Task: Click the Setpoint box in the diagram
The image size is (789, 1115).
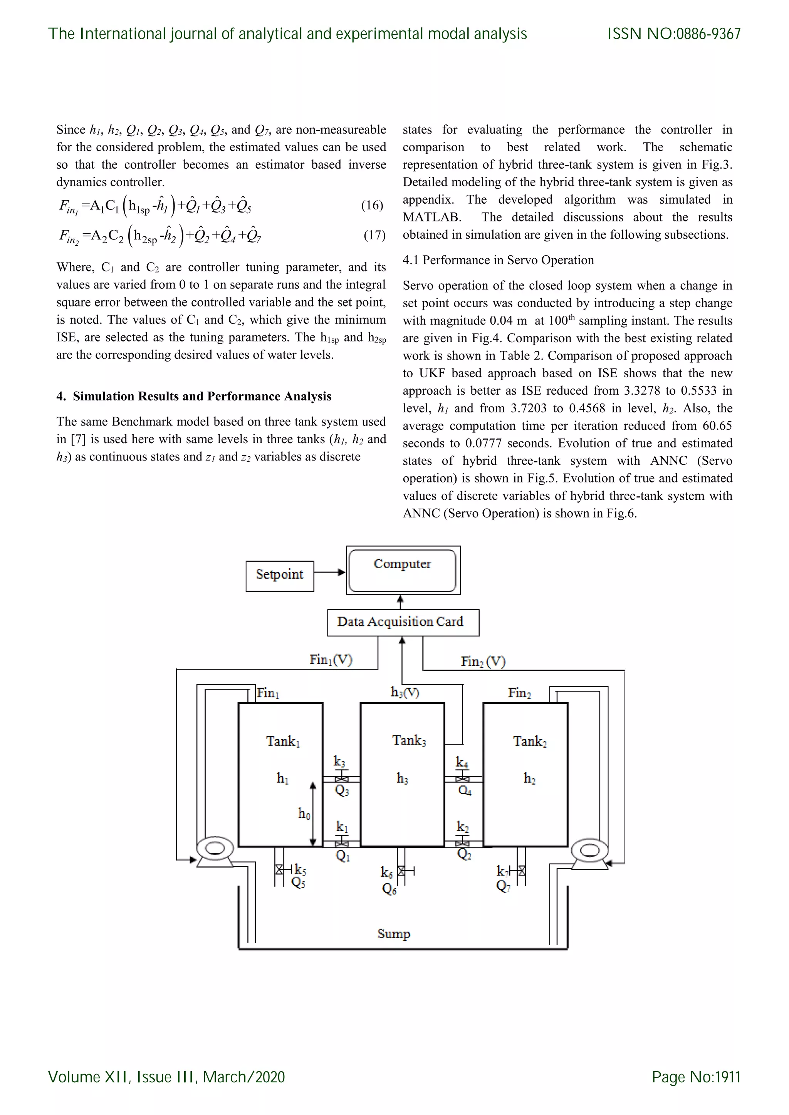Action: [279, 576]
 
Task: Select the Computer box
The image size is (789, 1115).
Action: [403, 570]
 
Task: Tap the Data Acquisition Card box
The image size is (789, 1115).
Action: [403, 622]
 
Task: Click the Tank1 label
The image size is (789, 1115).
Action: [283, 742]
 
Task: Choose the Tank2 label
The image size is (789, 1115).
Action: [530, 742]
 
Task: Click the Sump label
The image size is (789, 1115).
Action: [393, 933]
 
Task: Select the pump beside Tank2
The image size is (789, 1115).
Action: [590, 853]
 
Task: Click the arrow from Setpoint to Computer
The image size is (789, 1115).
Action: [329, 573]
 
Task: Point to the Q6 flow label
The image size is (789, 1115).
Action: [389, 889]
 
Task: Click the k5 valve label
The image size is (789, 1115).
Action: [300, 869]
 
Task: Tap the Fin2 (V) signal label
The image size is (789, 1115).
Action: [483, 661]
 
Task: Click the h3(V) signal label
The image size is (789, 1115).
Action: [405, 692]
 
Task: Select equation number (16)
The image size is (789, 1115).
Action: [372, 206]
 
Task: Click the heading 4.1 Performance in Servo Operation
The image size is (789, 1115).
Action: [498, 260]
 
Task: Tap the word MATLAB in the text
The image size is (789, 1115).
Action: [431, 217]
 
